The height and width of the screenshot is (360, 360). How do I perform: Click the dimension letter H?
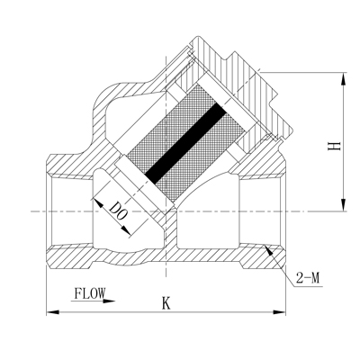point(334,145)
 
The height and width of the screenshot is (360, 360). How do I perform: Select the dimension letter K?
point(166,303)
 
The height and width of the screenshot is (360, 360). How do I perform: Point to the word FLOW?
point(89,293)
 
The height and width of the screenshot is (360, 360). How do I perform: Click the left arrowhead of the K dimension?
point(50,313)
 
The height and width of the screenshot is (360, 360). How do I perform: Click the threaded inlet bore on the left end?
point(67,211)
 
